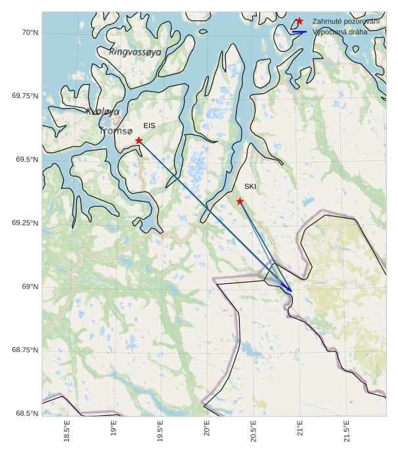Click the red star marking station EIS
139,141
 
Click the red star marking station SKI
240,201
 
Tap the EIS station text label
149,125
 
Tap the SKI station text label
250,187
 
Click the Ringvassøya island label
135,52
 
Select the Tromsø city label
116,131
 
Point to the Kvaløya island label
102,112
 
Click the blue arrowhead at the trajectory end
289,290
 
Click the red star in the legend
299,22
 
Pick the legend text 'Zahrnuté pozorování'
346,22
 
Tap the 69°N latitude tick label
29,286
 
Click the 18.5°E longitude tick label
67,434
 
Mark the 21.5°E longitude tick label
347,434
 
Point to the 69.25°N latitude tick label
24,223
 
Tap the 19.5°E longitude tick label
160,434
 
